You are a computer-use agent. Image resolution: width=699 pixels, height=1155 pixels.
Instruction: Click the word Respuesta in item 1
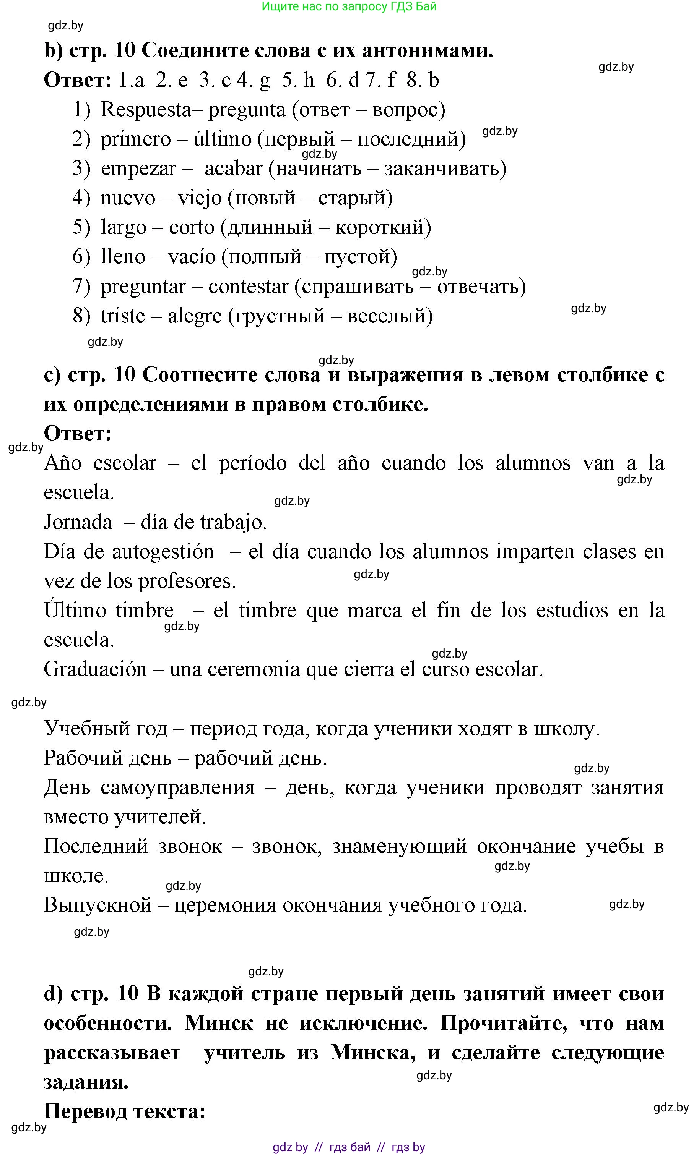(x=146, y=110)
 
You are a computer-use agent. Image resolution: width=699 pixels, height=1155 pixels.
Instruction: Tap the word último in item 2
(x=223, y=139)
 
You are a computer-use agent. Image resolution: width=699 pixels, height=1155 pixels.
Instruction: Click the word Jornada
(x=78, y=522)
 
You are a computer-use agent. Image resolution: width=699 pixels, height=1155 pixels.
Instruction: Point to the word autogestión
(x=163, y=552)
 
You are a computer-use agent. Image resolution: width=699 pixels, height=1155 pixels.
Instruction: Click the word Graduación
(x=95, y=669)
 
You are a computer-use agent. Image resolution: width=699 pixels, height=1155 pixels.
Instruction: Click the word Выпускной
(x=98, y=905)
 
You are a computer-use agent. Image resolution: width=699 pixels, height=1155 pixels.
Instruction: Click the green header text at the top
(x=349, y=6)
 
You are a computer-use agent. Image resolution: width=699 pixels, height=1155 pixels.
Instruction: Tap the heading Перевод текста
(x=125, y=1111)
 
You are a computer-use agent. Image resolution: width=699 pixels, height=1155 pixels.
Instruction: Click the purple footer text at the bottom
(x=349, y=1147)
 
